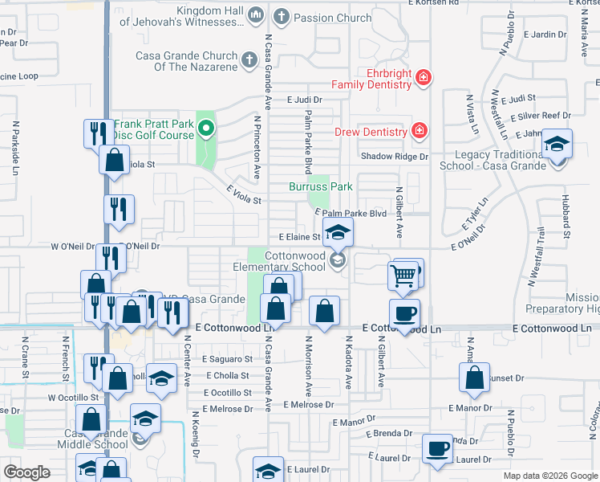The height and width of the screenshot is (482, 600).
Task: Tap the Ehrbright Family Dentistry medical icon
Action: (x=424, y=78)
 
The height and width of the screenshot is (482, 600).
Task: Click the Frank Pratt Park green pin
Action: (x=206, y=128)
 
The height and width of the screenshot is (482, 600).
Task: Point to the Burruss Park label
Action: (x=321, y=186)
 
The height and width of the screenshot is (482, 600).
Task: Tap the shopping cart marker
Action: (x=403, y=276)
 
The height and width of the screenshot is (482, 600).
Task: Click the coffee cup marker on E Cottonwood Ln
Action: (x=403, y=312)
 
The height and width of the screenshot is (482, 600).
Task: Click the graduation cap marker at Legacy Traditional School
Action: (x=556, y=145)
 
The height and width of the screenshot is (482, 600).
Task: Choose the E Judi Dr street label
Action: (x=304, y=100)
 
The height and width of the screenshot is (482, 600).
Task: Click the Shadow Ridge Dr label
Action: (x=395, y=157)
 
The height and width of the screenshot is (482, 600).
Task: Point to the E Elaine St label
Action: (x=299, y=237)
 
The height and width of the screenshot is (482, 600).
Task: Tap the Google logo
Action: (x=26, y=472)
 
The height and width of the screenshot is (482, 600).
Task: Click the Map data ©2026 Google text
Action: (x=549, y=476)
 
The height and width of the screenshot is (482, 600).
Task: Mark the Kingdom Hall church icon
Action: (x=256, y=14)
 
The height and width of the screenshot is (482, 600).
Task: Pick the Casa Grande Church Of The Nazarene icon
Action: (x=249, y=59)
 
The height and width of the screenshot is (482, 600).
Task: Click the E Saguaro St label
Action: (x=227, y=359)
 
